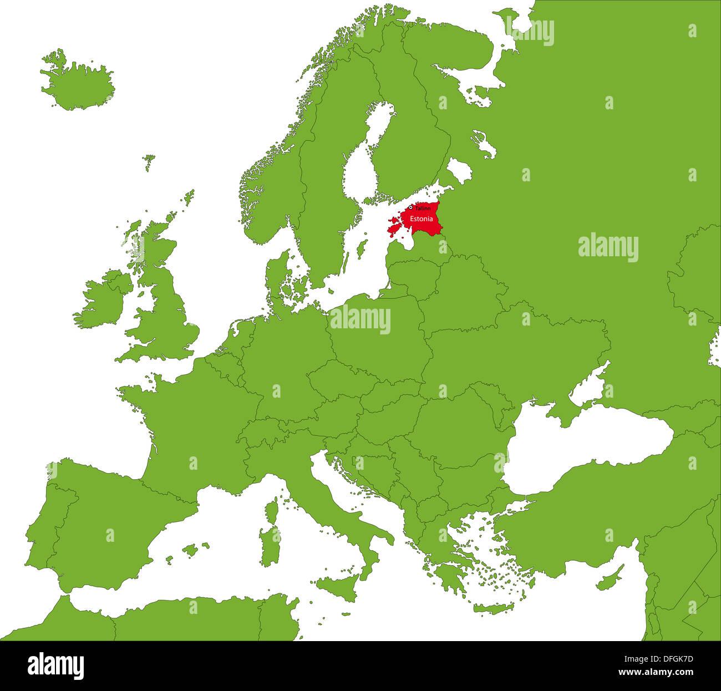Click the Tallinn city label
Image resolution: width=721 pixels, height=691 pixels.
click(423, 209)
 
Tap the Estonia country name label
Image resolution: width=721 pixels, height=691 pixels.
click(421, 219)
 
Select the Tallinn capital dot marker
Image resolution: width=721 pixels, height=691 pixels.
click(411, 207)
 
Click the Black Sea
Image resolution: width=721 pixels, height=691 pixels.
click(588, 444)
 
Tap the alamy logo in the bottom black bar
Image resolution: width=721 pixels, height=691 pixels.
click(56, 666)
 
